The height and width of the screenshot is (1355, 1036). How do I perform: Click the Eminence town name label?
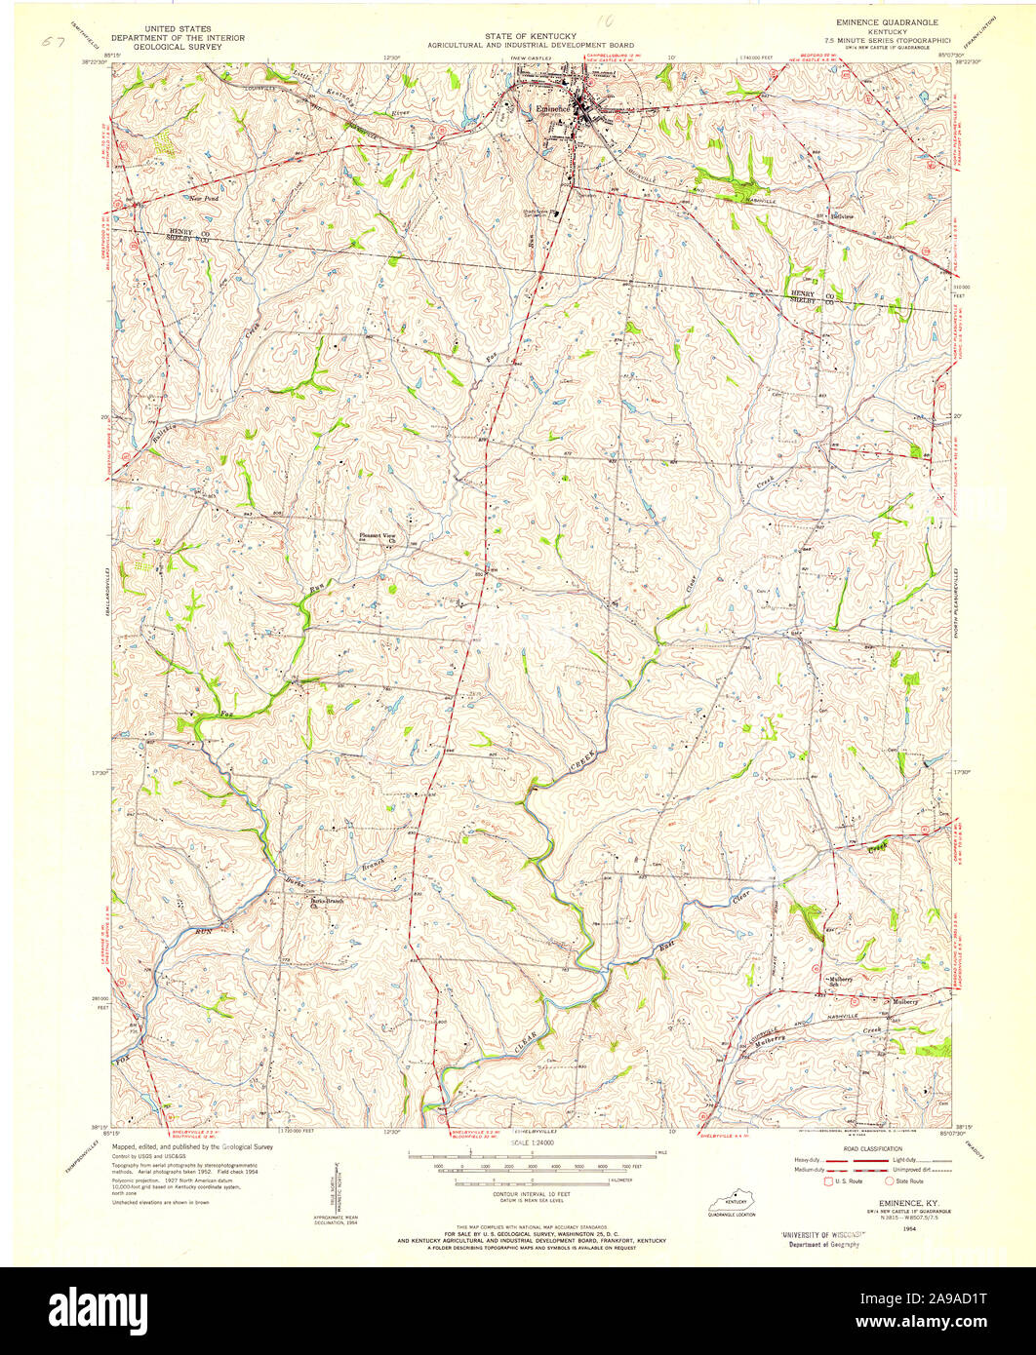[551, 109]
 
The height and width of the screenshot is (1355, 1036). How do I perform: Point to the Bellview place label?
[842, 215]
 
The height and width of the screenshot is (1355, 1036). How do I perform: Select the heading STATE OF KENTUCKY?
[531, 36]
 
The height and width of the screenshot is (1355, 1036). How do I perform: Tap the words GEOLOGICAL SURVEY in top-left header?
[178, 47]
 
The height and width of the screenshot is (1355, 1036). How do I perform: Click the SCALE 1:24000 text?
[531, 1142]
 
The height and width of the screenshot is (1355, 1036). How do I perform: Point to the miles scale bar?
[531, 1155]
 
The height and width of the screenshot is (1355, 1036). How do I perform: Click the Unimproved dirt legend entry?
[912, 1170]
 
